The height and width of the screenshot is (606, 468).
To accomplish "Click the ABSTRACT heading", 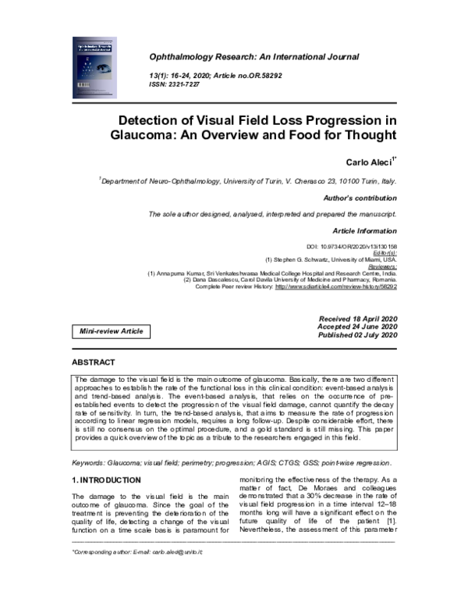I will [x=94, y=363].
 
